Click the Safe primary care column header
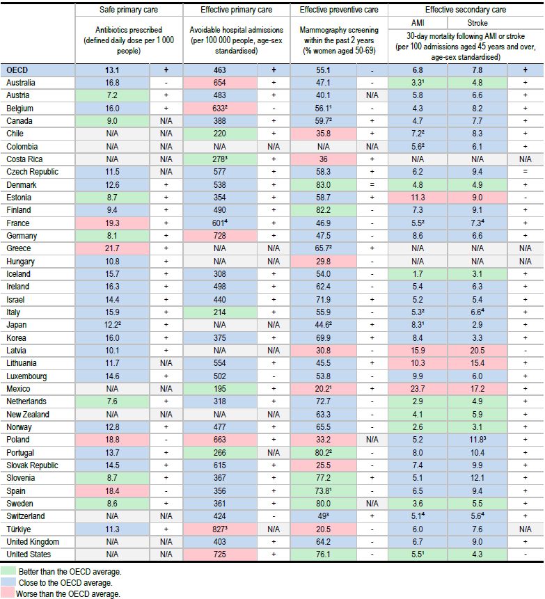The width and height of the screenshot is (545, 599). (128, 10)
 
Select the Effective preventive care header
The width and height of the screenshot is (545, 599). (338, 10)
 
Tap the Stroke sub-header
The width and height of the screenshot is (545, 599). (477, 23)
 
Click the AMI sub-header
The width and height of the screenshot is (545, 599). (418, 23)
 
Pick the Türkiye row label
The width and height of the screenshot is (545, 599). (18, 529)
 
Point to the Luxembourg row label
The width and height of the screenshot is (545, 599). (26, 376)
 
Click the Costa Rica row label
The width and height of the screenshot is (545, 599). (24, 159)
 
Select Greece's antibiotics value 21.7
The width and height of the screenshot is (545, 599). (112, 248)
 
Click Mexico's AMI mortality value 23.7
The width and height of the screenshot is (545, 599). (418, 389)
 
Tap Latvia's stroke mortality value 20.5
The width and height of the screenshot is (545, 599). (477, 351)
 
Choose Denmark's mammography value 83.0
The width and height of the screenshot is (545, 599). (324, 185)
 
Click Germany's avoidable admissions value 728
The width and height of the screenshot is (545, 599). (219, 236)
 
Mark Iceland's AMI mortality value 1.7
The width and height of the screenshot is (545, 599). (418, 274)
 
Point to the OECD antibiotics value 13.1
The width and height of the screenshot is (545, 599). (112, 70)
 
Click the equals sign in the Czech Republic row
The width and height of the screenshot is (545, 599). (525, 172)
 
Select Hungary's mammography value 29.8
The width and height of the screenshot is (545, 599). (324, 262)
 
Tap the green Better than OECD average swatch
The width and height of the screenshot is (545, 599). (8, 571)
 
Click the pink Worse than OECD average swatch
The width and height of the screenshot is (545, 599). (8, 593)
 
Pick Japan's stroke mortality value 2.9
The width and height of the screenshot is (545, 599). (477, 325)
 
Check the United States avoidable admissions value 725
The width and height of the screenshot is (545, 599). (219, 554)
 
